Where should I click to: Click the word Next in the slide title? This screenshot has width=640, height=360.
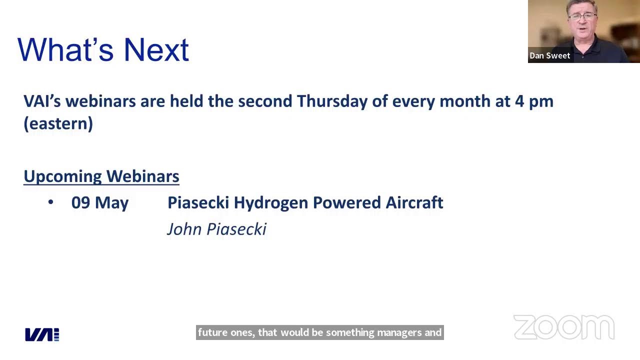point(156,50)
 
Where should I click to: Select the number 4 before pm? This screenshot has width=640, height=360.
point(519,101)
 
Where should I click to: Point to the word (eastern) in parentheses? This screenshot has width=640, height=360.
point(58,123)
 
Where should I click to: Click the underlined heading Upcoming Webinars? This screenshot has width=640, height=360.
point(101,176)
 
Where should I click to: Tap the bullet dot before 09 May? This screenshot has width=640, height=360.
point(51,202)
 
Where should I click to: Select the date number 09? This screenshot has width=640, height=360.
point(80,202)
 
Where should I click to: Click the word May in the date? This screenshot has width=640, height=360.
point(111,203)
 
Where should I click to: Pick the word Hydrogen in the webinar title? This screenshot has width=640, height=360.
point(271,203)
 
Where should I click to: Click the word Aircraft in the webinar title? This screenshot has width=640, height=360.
point(414,202)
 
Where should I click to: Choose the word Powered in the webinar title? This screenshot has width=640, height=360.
point(347,202)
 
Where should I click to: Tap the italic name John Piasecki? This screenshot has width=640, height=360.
point(217,229)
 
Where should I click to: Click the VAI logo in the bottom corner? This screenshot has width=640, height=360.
point(42,334)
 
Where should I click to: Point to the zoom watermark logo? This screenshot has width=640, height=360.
point(564,327)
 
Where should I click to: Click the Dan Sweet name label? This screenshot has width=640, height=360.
point(549,55)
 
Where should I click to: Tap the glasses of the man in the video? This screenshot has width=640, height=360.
point(582,17)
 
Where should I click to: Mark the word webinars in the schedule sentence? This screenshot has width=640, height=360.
point(100,101)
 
